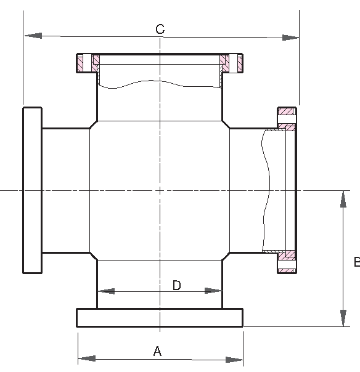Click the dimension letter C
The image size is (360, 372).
[160, 29]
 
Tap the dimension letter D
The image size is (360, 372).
[176, 285]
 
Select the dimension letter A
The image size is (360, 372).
[157, 351]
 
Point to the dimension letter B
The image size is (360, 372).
[356, 262]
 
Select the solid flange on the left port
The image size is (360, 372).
[33, 190]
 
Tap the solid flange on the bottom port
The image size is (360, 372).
[160, 317]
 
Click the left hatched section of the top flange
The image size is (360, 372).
[87, 63]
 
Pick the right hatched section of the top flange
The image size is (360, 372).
[233, 63]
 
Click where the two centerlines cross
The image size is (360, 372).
[160, 190]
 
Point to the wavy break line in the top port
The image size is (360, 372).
[160, 85]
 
